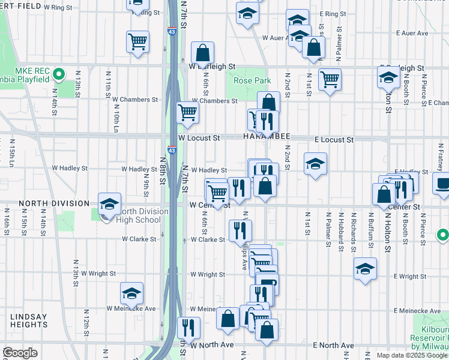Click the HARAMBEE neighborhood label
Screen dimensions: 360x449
click(267, 137)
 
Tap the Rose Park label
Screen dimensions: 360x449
click(252, 80)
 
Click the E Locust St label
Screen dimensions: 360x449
click(334, 140)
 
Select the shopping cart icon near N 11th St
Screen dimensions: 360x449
click(137, 42)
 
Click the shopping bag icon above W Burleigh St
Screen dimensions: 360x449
click(203, 52)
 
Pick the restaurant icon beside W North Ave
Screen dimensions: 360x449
click(189, 327)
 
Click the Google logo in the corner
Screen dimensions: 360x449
click(20, 353)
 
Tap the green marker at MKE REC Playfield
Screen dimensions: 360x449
click(58, 75)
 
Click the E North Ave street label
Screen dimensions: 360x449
click(334, 346)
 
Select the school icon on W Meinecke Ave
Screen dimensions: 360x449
click(131, 293)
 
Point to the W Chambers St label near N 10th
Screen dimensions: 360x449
click(134, 100)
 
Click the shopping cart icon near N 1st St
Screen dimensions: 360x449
click(330, 79)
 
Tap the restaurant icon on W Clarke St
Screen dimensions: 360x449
click(241, 230)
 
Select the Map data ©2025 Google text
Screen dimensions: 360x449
click(412, 355)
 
